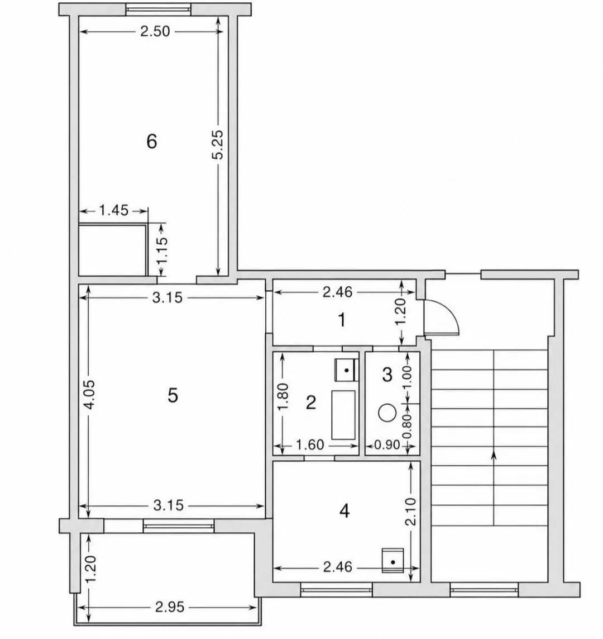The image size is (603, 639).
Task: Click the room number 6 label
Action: (151, 141)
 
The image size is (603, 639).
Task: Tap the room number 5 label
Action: (173, 395)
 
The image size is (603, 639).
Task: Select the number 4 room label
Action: (344, 510)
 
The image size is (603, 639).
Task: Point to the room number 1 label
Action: (342, 320)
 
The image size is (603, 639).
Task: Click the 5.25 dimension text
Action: (218, 144)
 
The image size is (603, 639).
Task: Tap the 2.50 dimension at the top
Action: (155, 31)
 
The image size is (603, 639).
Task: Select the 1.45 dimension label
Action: (113, 210)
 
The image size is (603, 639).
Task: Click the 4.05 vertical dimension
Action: (89, 394)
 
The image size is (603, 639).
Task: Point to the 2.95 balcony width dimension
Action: (170, 607)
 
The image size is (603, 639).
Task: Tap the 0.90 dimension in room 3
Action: (387, 444)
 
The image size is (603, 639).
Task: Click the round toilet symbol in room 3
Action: (387, 413)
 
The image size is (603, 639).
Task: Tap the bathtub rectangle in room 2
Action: (343, 415)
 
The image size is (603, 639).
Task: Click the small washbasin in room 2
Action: (346, 370)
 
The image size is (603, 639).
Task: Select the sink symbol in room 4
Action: (393, 560)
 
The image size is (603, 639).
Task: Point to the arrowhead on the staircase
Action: (494, 455)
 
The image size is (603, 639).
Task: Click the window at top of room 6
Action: (158, 10)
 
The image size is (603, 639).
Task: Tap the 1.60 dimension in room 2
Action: (310, 444)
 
